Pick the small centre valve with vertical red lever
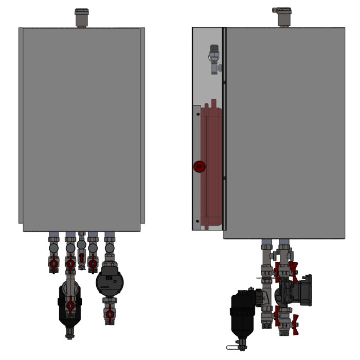[82, 258]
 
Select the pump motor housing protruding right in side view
[304, 288]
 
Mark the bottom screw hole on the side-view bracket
[197, 221]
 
